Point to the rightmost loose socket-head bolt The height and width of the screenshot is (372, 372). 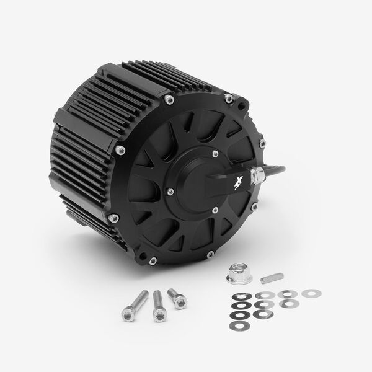click(x=177, y=298)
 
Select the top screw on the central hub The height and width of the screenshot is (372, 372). click(x=215, y=154)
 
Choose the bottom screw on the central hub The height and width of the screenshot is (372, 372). click(x=215, y=211)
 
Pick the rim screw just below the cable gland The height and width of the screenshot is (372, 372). click(x=252, y=205)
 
